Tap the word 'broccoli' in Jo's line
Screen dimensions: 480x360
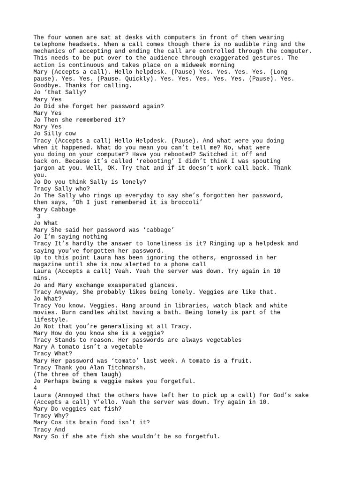(x=184, y=202)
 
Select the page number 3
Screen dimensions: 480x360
(x=38, y=216)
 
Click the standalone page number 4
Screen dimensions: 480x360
(x=35, y=388)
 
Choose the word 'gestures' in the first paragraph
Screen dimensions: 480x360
(x=257, y=58)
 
